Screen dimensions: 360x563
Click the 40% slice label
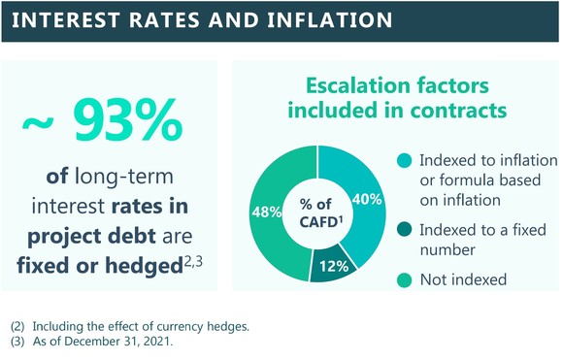tap(367, 201)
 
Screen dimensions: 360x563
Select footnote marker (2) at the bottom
tap(17, 326)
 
